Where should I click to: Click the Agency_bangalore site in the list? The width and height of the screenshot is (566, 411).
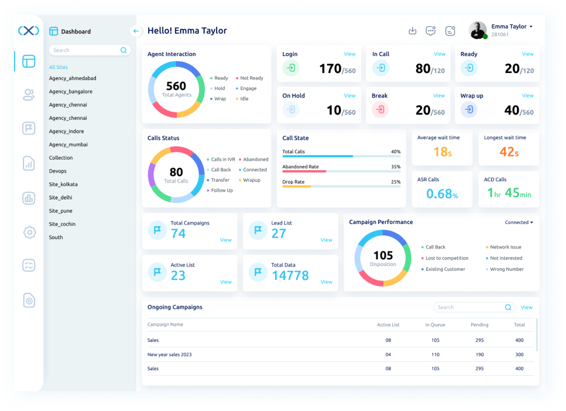coord(71,92)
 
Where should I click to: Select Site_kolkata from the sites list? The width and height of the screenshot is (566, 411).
coord(63,184)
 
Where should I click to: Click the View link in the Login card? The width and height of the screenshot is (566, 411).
coord(349,54)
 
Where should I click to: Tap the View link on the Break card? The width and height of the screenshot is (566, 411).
coord(438,95)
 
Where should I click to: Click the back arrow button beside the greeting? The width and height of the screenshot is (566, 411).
coord(136,31)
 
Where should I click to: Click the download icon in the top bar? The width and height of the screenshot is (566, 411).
coord(412,31)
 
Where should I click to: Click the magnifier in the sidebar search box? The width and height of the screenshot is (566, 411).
coord(124,50)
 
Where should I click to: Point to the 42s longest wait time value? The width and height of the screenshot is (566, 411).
coord(509,152)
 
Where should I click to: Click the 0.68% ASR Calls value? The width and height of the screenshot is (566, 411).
coord(442,194)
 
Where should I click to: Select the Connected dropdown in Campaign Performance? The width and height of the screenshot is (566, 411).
coord(519,222)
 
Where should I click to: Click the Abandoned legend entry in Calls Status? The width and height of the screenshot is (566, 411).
coord(253,160)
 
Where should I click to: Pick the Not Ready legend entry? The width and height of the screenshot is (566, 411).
coord(249,78)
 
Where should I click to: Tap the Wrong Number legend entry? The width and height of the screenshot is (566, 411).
coord(505,270)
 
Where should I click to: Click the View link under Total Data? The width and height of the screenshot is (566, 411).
coord(327,282)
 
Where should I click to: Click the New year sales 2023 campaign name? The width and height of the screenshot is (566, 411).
coord(169,355)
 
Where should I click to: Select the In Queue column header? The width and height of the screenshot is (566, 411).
coord(435,325)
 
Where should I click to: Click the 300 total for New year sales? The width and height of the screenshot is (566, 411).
coord(519,355)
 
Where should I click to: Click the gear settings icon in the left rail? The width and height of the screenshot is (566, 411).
coord(29,232)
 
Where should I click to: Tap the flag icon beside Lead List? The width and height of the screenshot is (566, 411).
coord(258,230)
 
